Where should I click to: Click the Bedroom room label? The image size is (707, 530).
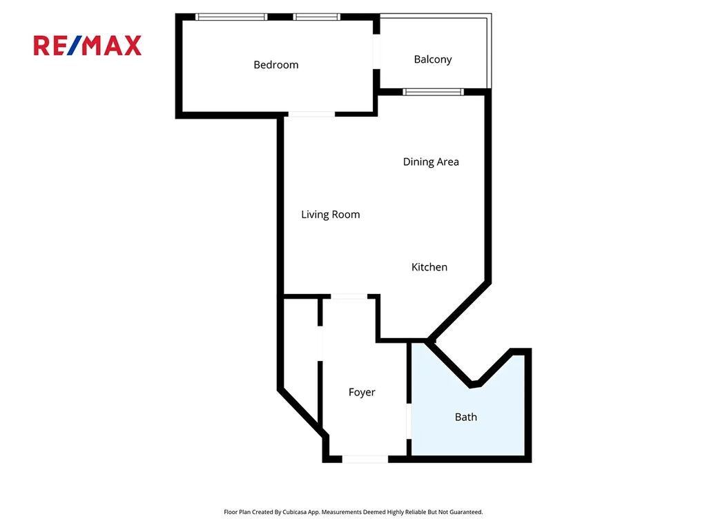[x=276, y=65]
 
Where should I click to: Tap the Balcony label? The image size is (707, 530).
[x=433, y=59]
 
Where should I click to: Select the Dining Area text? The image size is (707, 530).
[x=431, y=161]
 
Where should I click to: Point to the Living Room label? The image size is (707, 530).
[x=331, y=215]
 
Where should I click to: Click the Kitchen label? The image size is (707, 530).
[x=429, y=267]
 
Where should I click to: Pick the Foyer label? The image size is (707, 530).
[x=362, y=392]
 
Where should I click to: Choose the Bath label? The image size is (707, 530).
[x=466, y=417]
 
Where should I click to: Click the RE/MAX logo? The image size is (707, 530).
[x=88, y=46]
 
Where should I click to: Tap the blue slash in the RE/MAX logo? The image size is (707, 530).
[x=75, y=46]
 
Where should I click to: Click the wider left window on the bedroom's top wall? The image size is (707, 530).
[x=231, y=17]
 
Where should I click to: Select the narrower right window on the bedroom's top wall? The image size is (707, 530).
[x=316, y=17]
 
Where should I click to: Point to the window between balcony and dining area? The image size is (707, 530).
[x=434, y=92]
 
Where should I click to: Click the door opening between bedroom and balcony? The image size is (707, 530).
[x=376, y=51]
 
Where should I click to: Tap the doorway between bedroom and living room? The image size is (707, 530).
[x=311, y=115]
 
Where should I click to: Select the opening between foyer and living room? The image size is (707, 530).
[x=349, y=297]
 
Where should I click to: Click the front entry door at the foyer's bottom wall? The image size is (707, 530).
[x=365, y=459]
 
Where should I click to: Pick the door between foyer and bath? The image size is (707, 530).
[x=409, y=422]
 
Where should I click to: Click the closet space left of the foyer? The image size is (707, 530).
[x=301, y=356]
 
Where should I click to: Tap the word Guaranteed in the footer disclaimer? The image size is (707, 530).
[x=467, y=512]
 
